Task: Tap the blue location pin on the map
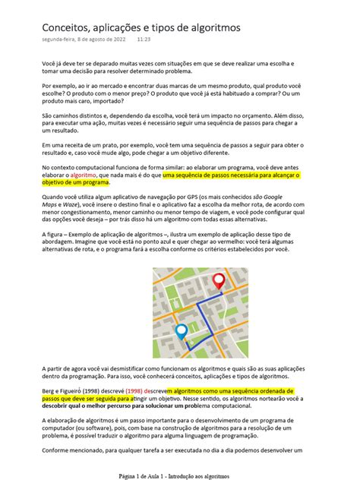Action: [181, 331]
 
